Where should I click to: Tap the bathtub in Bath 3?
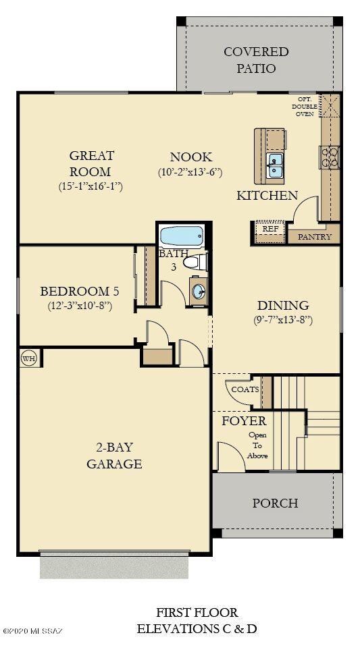tap(181, 237)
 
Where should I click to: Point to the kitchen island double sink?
tap(275, 164)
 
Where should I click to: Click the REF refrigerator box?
tap(270, 229)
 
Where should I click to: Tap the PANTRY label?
tap(315, 237)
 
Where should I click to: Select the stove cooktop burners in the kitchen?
tap(330, 157)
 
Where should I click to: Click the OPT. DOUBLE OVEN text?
tap(304, 106)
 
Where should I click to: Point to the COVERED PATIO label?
tap(256, 60)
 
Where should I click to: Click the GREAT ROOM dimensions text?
tap(91, 187)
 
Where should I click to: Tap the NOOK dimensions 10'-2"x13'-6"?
tap(190, 172)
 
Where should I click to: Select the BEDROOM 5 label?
tap(80, 292)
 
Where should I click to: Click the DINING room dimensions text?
tap(283, 321)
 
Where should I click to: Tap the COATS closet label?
tap(245, 389)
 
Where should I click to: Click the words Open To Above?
tap(257, 445)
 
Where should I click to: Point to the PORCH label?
tap(275, 503)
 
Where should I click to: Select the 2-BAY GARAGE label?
tap(114, 455)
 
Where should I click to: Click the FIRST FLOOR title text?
tap(197, 613)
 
